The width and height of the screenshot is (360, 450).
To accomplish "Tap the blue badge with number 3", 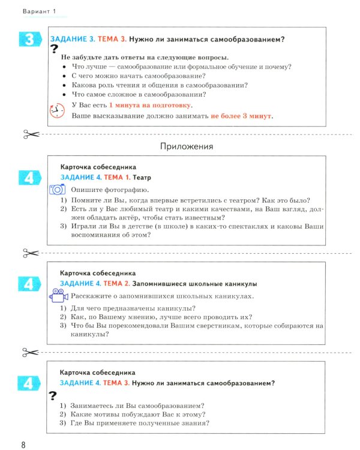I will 29,40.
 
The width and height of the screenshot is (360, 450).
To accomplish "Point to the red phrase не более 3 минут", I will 241,116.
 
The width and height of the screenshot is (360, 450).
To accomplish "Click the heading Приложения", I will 187,146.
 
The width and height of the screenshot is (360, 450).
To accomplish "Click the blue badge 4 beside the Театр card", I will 29,178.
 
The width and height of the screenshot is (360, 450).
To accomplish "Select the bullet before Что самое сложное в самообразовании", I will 64,94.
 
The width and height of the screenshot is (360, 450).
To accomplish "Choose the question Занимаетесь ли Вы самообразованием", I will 137,405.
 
